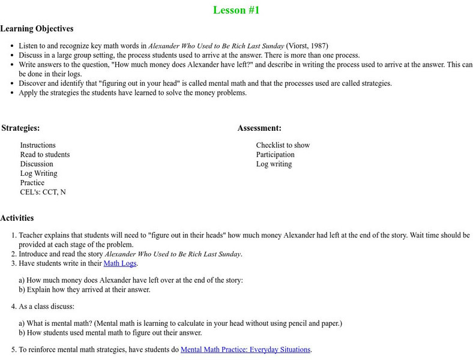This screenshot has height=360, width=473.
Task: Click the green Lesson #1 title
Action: click(x=237, y=10)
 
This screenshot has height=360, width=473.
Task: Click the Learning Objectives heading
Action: click(x=37, y=28)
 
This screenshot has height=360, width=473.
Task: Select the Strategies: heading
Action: click(x=20, y=128)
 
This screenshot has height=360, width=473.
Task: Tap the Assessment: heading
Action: click(x=259, y=128)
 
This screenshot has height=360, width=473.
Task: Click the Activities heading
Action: click(x=17, y=218)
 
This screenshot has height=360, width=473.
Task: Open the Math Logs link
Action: click(x=121, y=263)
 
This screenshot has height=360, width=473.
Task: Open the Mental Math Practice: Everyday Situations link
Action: click(x=246, y=349)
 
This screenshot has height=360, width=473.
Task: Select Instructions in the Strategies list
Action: click(x=38, y=145)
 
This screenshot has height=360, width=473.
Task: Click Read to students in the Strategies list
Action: click(x=45, y=154)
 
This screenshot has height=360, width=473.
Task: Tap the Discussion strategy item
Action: click(x=37, y=164)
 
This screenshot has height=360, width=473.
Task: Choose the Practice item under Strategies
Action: click(x=32, y=182)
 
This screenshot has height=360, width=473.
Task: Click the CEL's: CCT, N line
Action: click(x=43, y=192)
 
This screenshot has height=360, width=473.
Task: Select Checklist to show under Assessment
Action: click(x=283, y=145)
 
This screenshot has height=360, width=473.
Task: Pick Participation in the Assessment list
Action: click(x=276, y=154)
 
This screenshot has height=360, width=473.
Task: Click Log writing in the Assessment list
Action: click(x=274, y=164)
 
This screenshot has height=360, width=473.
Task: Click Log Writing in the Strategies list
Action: click(x=39, y=173)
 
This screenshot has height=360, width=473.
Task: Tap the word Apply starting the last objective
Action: click(x=29, y=93)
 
